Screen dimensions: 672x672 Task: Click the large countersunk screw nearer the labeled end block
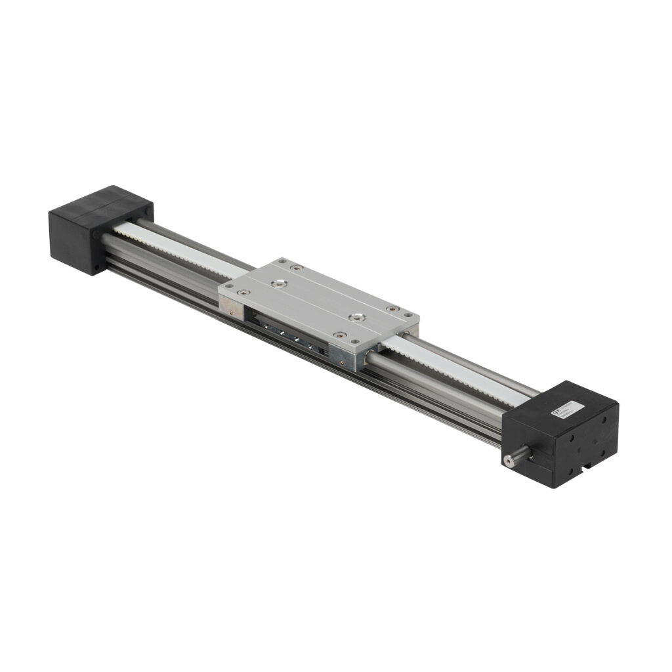[x=356, y=318]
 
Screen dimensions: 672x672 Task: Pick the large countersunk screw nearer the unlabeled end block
[x=280, y=283]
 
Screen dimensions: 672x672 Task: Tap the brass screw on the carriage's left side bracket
[x=232, y=312]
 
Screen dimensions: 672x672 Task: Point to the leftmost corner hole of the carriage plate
[x=229, y=286]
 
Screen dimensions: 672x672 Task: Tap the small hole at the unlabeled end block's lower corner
[x=96, y=267]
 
